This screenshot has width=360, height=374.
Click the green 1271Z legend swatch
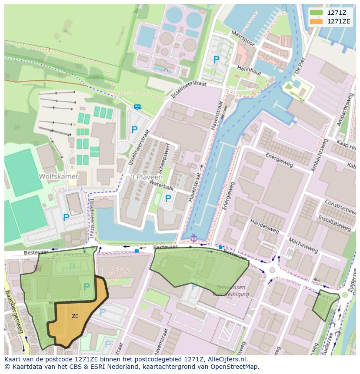pos(316,13)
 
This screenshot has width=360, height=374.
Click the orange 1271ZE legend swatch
pos(316,21)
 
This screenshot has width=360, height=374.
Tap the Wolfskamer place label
pos(58,176)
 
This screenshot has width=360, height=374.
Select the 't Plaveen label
pos(147,177)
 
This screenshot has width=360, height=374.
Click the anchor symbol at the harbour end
pos(194,238)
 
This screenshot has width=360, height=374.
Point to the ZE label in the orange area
pos(75,316)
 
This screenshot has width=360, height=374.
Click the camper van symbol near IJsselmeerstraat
pos(137,107)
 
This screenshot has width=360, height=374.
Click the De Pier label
pos(299,65)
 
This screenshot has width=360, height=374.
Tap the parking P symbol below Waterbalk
pos(168,199)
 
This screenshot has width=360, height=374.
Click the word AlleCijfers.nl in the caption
pos(227,360)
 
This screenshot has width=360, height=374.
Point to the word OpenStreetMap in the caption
pos(236,367)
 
